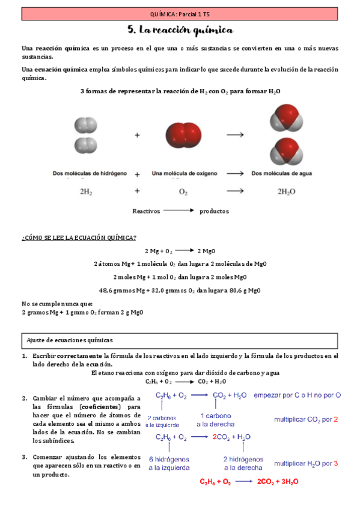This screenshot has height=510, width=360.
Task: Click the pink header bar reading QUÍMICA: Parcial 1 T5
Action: (180, 13)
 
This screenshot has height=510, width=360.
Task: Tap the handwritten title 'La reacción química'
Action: (180, 29)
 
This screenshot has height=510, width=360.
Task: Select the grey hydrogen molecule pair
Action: (85, 135)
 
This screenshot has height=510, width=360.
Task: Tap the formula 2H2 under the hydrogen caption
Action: (85, 192)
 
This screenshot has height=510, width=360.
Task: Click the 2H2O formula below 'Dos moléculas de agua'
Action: (286, 192)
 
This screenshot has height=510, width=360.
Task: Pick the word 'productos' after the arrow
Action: (214, 211)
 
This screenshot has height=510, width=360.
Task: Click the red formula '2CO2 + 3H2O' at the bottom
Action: (277, 482)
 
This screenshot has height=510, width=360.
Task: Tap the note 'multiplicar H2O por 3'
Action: (306, 463)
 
